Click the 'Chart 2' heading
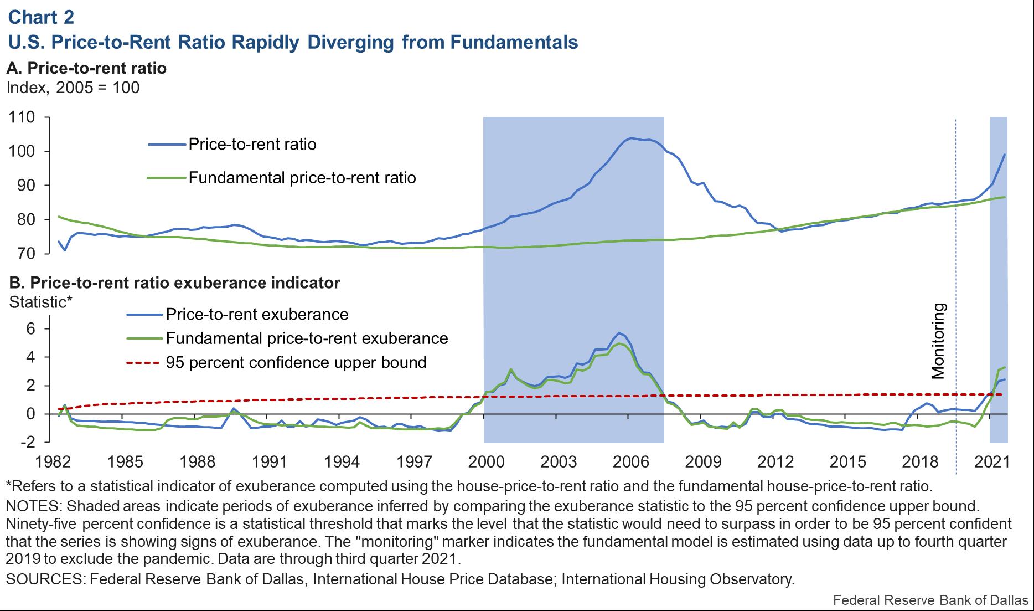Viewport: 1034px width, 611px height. (41, 17)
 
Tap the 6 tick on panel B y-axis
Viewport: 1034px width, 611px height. (30, 329)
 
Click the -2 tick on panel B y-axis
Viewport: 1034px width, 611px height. (28, 442)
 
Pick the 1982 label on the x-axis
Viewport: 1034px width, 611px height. (53, 462)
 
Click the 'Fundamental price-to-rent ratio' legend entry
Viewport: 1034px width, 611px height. (302, 178)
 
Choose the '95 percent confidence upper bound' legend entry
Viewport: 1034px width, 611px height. (296, 362)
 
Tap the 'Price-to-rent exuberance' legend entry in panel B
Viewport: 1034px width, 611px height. (257, 315)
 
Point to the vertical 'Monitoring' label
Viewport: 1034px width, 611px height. (938, 341)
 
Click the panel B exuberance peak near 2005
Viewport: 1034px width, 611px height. (619, 333)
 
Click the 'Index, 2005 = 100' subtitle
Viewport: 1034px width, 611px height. (73, 88)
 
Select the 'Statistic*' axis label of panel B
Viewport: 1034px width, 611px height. (40, 302)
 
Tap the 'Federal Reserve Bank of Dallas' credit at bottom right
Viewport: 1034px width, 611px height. (930, 600)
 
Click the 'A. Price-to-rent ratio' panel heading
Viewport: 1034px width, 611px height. (86, 68)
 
